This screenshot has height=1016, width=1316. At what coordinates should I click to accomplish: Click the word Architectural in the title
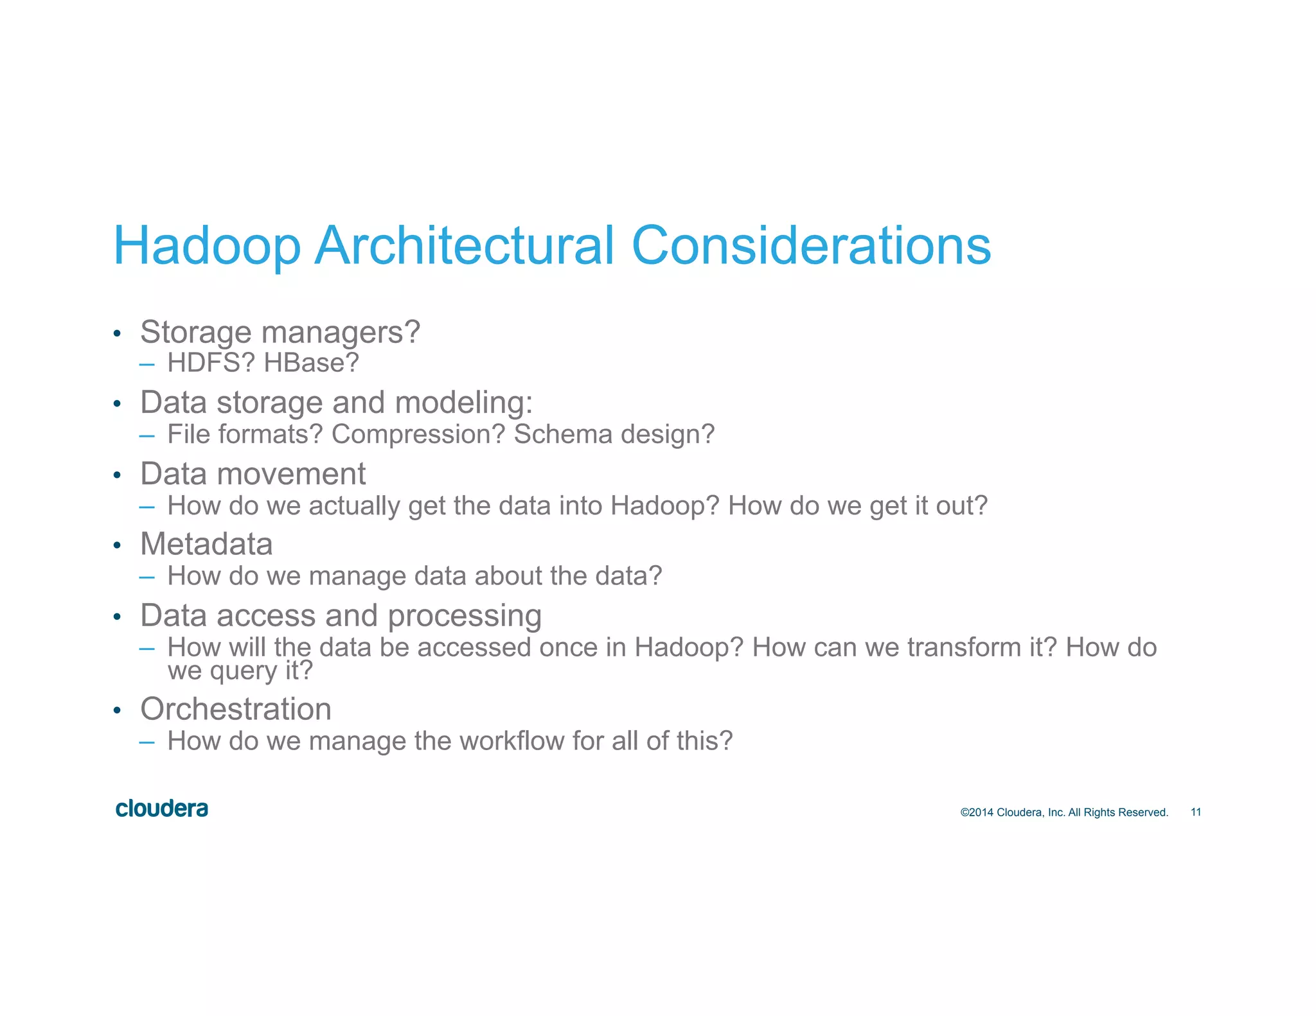pos(464,246)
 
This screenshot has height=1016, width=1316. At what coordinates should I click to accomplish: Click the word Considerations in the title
pos(811,246)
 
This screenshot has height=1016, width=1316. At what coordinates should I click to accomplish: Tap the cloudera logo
pos(162,809)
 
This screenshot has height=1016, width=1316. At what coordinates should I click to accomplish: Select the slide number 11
pos(1196,812)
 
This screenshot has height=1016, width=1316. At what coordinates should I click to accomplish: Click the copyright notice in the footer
pos(1063,812)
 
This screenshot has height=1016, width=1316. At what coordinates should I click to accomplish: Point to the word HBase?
pos(311,363)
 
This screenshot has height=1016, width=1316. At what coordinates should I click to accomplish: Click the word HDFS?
pos(211,363)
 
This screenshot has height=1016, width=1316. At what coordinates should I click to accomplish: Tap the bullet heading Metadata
pos(206,545)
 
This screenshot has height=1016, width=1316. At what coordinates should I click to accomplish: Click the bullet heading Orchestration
pos(236,710)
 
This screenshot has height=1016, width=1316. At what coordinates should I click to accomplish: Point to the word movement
pos(291,474)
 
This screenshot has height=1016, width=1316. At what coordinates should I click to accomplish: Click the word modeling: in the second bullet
pos(463,403)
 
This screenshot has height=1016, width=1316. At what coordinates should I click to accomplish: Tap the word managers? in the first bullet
pos(341,333)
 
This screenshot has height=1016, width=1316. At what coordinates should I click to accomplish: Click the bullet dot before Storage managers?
pos(117,334)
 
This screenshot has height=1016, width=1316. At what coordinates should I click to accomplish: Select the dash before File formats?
pos(147,435)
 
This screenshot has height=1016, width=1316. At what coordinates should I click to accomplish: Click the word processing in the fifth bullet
pos(465,616)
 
